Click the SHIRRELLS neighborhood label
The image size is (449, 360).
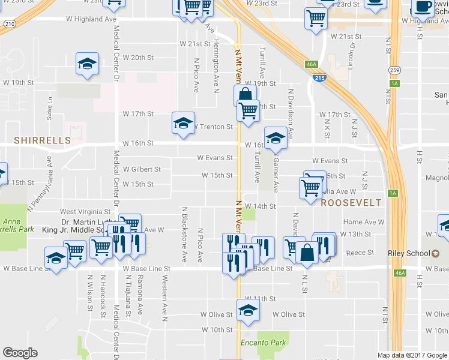click(x=43, y=140)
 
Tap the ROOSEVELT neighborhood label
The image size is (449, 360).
click(x=351, y=203)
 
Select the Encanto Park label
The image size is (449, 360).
click(x=262, y=343)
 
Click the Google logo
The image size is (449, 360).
click(x=20, y=353)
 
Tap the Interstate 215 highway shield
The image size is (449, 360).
click(x=319, y=78)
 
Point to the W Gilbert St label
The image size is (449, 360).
click(x=142, y=169)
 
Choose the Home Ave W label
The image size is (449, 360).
click(x=363, y=222)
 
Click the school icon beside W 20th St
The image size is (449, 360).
click(x=87, y=64)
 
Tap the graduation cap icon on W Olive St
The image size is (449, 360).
click(x=246, y=310)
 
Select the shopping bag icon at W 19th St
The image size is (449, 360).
click(x=245, y=95)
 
